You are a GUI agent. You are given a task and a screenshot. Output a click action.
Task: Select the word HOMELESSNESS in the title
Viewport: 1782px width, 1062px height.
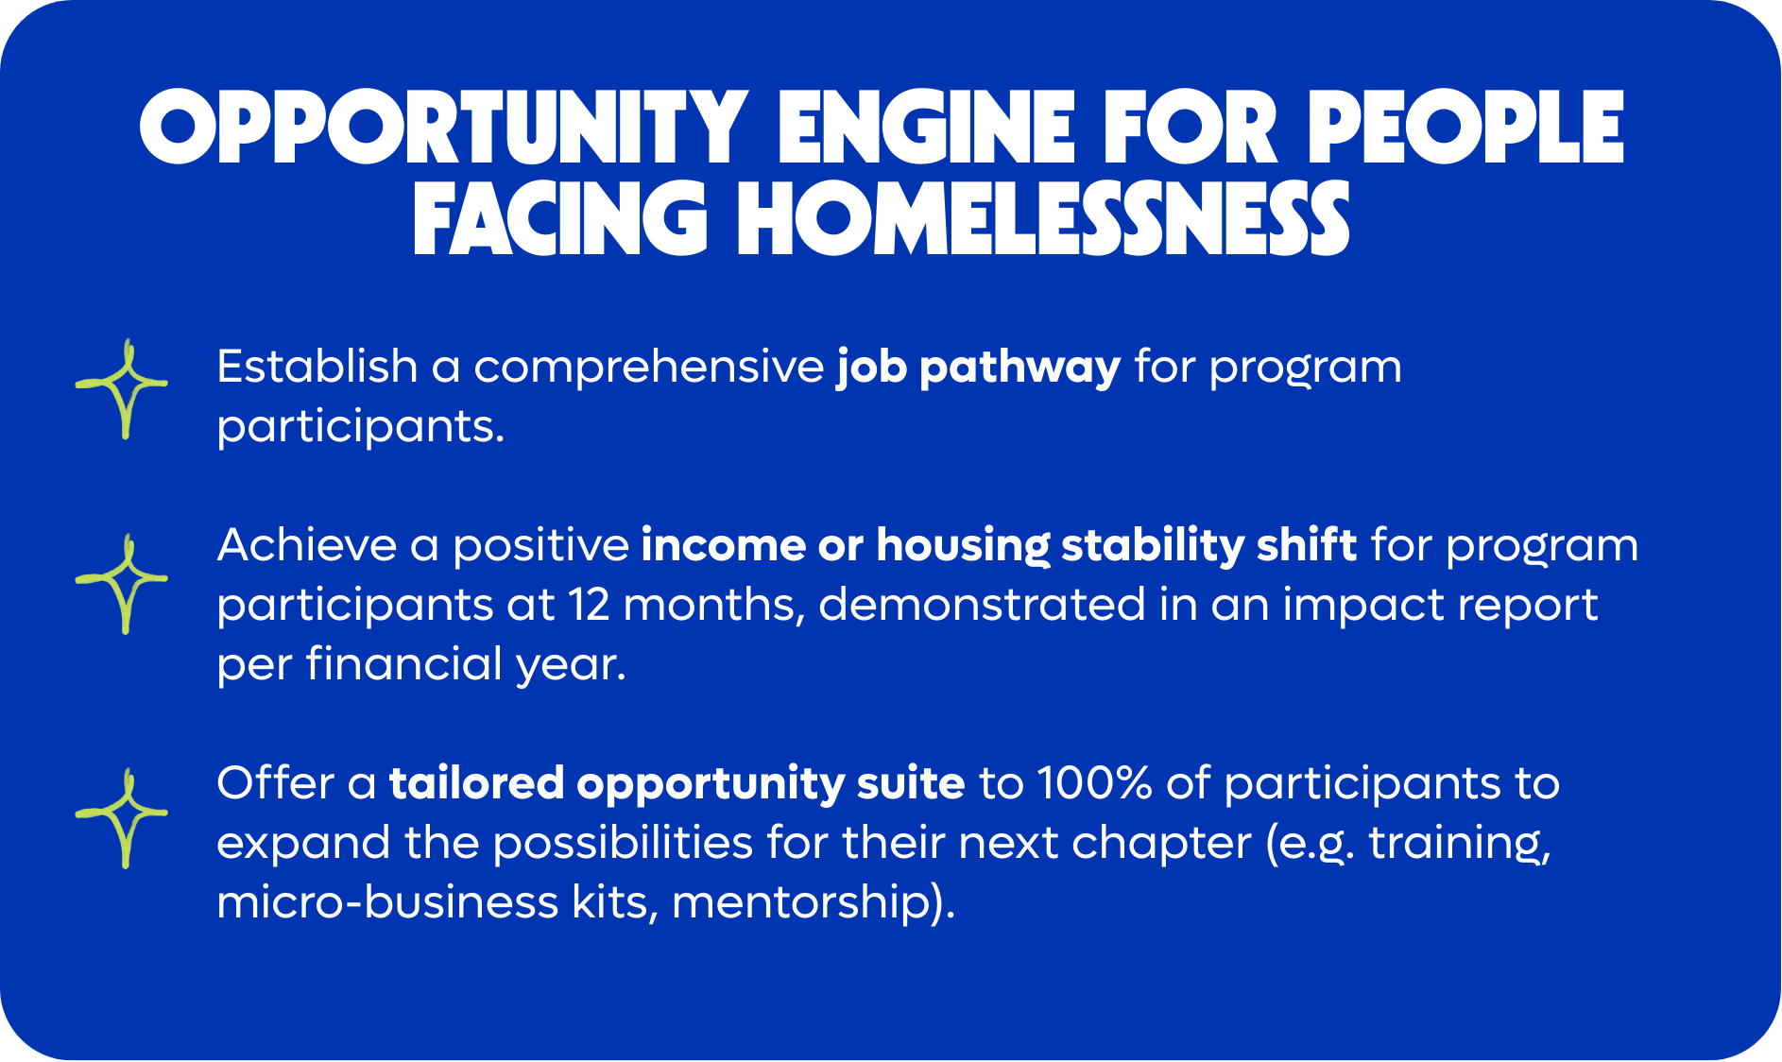(x=1043, y=219)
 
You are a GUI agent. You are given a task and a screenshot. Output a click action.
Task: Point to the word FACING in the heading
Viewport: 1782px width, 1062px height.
(x=560, y=219)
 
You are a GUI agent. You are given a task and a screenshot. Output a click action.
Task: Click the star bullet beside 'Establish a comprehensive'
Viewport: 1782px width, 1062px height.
(x=122, y=388)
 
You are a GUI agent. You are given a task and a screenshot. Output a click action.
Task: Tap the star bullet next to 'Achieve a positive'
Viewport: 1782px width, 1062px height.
(x=122, y=583)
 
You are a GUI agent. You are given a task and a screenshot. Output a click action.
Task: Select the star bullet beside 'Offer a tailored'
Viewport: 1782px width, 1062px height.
(x=122, y=817)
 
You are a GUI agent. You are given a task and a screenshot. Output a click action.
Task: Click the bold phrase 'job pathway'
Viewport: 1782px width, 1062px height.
(x=978, y=368)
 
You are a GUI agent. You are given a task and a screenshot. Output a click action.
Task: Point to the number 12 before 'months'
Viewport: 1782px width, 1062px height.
(x=589, y=606)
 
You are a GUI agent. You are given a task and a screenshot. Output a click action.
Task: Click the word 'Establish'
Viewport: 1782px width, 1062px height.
(x=317, y=367)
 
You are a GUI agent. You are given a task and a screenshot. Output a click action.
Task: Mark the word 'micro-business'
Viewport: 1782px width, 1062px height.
(x=387, y=902)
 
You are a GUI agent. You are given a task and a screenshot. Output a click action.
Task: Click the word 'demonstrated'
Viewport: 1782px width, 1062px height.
(x=982, y=605)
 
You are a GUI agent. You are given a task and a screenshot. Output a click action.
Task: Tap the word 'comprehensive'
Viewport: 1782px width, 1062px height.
(x=649, y=368)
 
